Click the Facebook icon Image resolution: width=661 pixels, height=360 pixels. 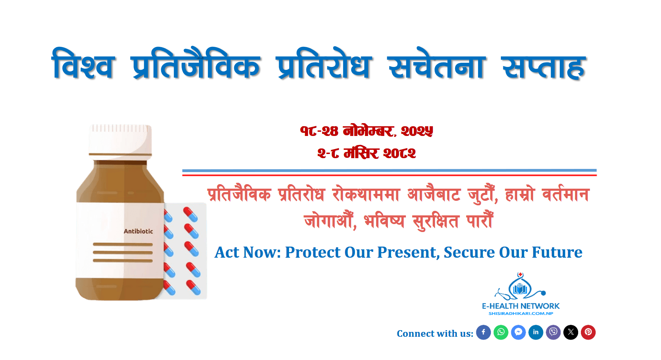click(483, 332)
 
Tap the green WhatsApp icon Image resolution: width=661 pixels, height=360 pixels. click(501, 332)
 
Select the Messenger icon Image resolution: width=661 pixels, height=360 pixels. click(518, 332)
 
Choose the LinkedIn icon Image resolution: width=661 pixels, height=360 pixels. click(536, 332)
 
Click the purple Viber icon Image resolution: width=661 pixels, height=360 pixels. click(553, 332)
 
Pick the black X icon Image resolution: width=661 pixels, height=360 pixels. click(571, 332)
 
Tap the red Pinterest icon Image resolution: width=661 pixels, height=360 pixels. click(588, 332)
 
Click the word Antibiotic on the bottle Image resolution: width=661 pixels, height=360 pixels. click(138, 231)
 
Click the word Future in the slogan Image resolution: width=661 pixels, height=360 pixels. click(557, 252)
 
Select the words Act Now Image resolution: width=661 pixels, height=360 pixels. click(247, 252)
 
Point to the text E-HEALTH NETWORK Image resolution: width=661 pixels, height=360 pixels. click(521, 306)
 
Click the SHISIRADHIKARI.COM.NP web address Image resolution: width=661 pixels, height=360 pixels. click(521, 314)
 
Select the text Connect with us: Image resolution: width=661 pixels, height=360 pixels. click(435, 334)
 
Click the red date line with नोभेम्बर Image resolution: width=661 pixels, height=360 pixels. click(367, 131)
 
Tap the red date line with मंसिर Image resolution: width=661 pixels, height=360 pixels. click(367, 153)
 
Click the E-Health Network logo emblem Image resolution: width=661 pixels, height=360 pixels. click(520, 286)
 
